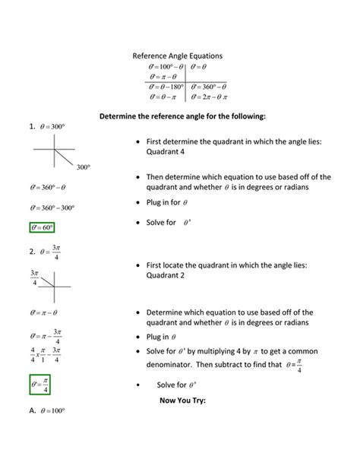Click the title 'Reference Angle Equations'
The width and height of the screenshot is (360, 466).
[177, 56]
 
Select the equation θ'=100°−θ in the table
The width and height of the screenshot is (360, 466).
[165, 67]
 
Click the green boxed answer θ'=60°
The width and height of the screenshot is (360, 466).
[43, 227]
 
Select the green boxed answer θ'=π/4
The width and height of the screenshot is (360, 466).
[44, 387]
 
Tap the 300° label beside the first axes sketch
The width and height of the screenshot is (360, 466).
[84, 166]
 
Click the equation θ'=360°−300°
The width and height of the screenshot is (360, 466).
[52, 207]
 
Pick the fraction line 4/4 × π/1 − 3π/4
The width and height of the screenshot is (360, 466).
[45, 355]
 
